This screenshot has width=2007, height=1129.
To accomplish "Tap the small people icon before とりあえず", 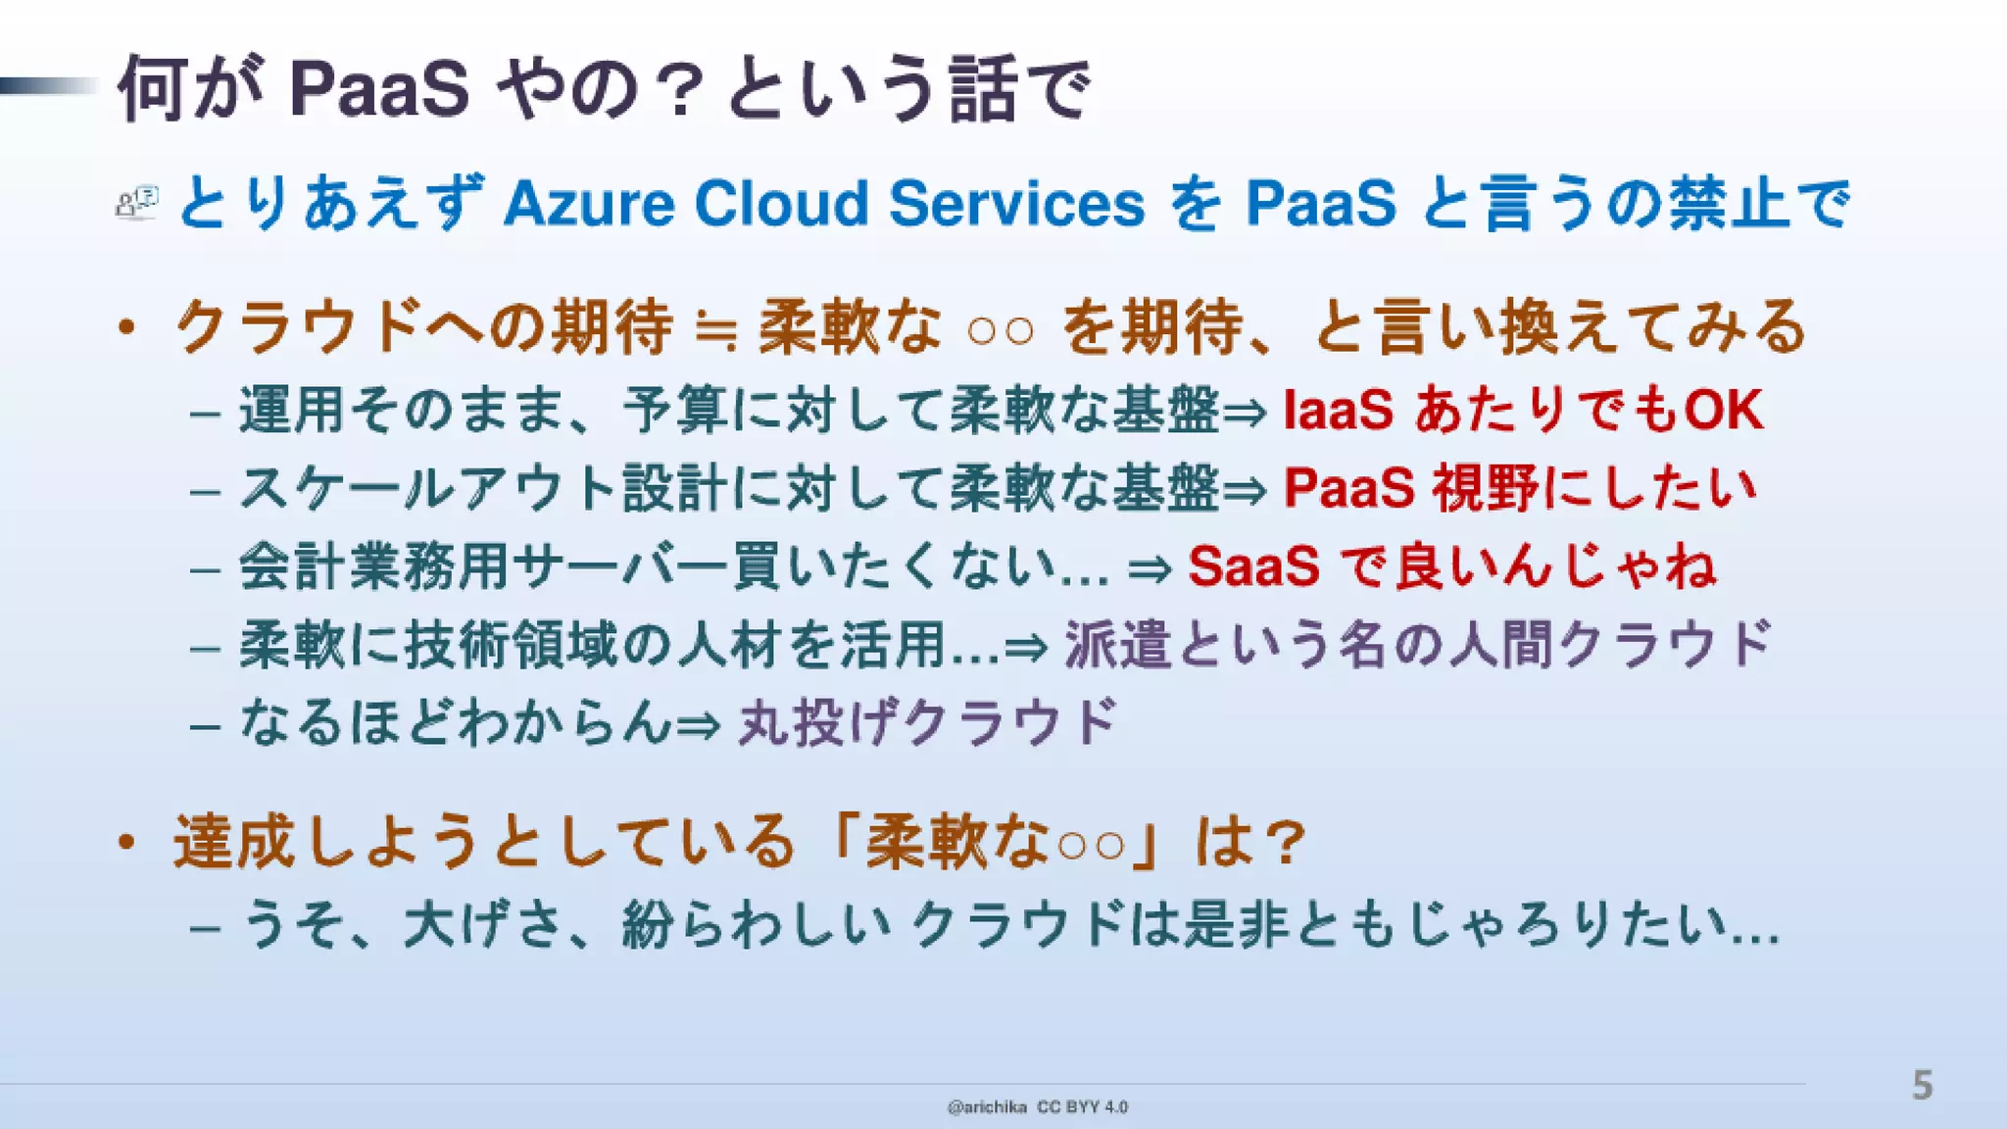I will [x=136, y=203].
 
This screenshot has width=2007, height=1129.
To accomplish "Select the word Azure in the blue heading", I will [x=589, y=204].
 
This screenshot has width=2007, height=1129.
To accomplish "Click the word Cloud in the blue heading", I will [x=781, y=204].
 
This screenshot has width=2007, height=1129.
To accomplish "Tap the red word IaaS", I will [x=1338, y=410].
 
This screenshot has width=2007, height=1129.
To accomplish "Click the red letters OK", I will [x=1723, y=410].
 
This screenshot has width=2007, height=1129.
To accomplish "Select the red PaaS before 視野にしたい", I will [x=1348, y=488].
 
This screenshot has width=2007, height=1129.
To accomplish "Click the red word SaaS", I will [x=1253, y=567].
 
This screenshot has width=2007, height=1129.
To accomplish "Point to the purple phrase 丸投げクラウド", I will [x=927, y=723].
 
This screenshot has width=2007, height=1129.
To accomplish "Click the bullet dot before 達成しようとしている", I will [x=125, y=843].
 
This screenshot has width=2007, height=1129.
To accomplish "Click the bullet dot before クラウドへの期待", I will [x=125, y=328].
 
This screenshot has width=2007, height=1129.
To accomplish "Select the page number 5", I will [x=1922, y=1086].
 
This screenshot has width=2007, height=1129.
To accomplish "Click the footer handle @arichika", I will [x=987, y=1107].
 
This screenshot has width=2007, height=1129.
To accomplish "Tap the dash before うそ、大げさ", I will [x=205, y=926].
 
